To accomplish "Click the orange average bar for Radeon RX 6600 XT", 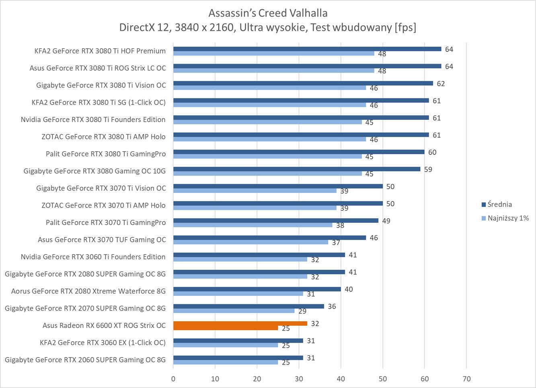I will coord(240,323).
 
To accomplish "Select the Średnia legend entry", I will coord(499,204).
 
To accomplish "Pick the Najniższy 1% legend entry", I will coord(508,218).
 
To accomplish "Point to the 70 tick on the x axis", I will coord(466,379).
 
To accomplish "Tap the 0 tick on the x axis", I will coord(173,379).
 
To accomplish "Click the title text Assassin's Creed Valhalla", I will coord(268,13).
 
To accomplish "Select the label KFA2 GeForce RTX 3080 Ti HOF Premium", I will coord(100,51).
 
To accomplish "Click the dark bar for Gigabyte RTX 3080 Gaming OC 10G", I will coord(297,169).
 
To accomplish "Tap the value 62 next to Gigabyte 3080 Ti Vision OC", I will coord(441,84).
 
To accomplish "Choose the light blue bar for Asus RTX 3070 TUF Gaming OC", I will coord(251,242).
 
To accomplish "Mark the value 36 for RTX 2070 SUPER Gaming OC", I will coord(332,306).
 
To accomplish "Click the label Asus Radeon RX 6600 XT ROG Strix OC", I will coord(104,325).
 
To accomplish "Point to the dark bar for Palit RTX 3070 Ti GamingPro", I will coord(276,220).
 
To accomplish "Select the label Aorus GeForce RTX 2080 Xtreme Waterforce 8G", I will coord(88,291).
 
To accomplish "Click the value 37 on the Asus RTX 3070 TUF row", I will coord(336,242).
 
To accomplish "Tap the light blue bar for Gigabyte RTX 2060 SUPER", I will coord(226,362).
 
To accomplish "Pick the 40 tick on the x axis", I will coord(341,379).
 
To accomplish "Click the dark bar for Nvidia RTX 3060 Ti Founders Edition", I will coord(259,255).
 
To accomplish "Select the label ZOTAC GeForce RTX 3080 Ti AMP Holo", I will coord(103,137).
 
